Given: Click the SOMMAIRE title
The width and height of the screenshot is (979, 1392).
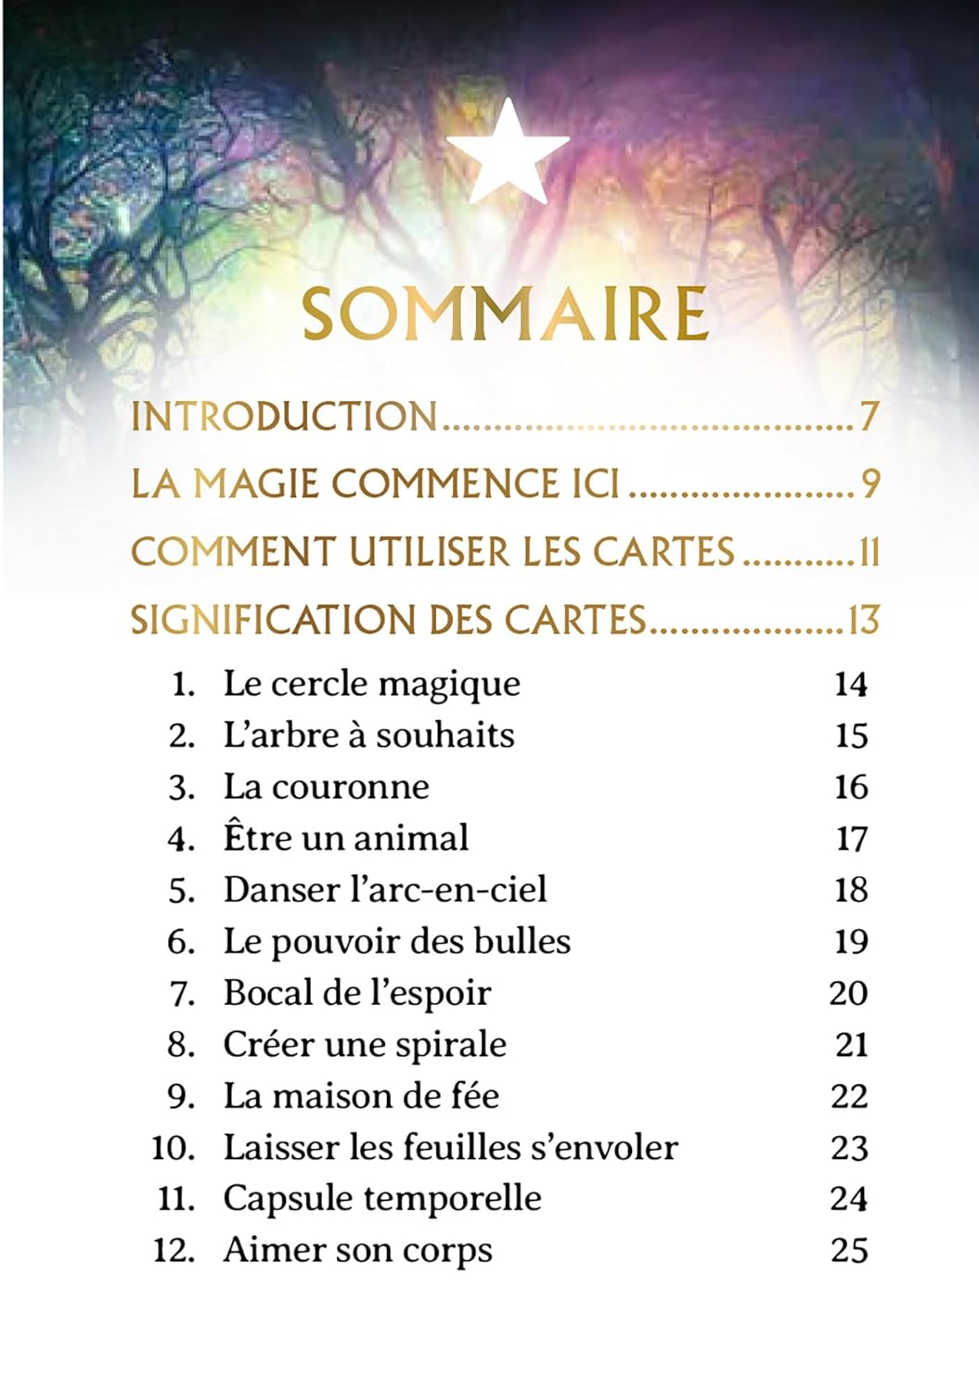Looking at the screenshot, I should [506, 316].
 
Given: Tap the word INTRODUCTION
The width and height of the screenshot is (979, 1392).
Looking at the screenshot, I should [284, 417].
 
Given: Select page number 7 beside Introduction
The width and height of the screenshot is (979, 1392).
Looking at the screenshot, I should [868, 417].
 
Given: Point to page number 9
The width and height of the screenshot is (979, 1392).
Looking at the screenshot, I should [870, 484].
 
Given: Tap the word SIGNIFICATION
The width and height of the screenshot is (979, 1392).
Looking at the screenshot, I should [261, 620].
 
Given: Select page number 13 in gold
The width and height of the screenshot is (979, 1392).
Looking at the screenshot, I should [862, 620].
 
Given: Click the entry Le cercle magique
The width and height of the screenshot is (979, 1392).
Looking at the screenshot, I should [371, 685].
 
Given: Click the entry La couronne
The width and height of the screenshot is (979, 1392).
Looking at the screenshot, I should [326, 787].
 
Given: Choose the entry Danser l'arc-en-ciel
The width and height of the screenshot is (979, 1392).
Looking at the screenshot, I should [384, 890].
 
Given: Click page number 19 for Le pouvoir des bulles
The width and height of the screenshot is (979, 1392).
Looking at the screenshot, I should [850, 942].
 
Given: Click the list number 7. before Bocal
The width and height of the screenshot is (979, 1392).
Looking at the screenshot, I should [181, 994].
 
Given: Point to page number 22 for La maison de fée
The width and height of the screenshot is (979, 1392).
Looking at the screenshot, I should [849, 1097].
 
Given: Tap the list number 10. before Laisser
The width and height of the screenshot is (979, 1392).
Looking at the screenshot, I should [173, 1149].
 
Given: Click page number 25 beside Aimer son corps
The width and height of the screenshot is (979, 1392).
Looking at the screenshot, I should [849, 1251].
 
